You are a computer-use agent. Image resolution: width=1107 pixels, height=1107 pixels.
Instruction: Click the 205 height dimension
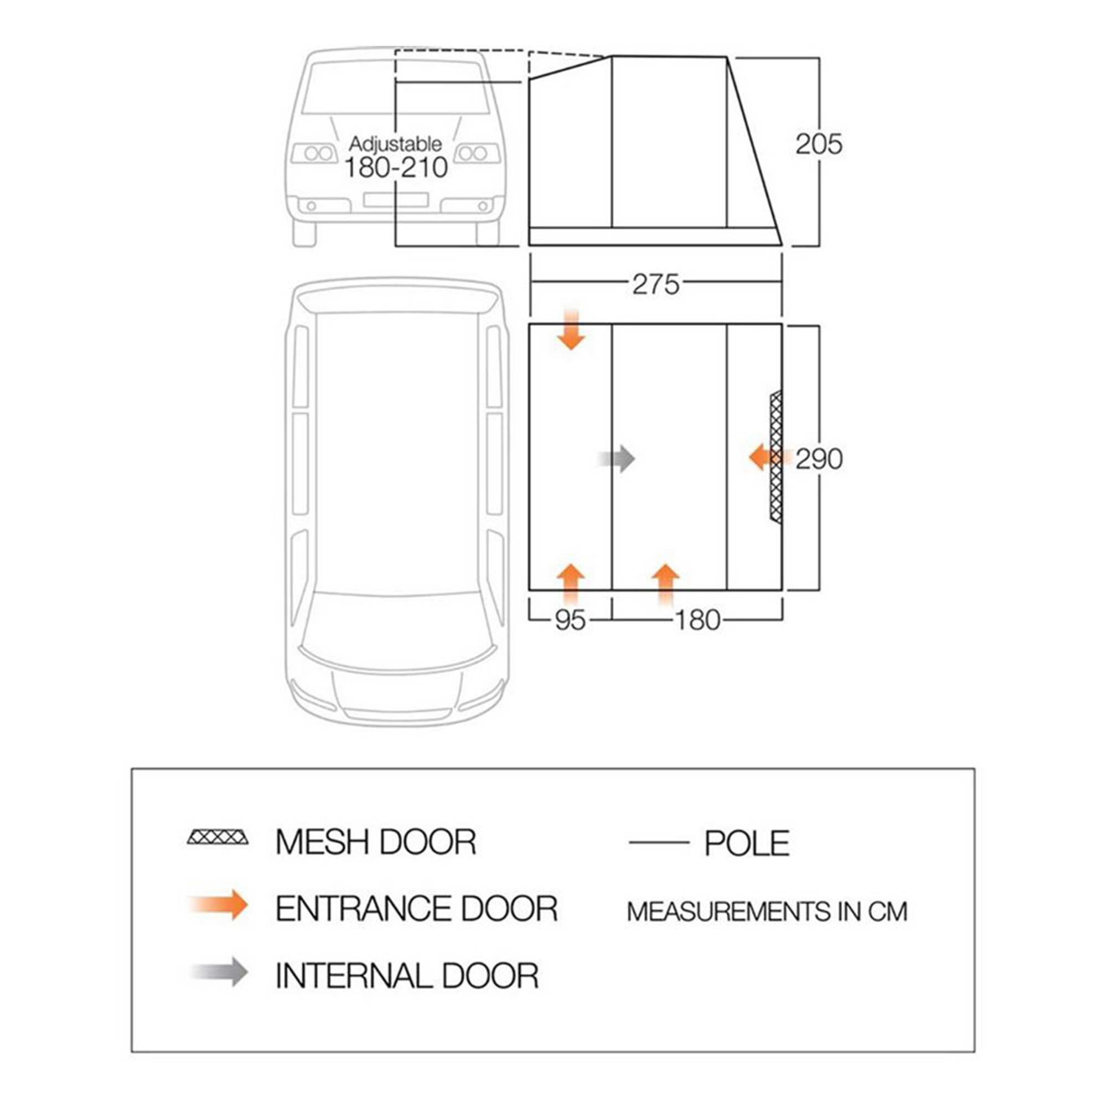pyautogui.click(x=819, y=144)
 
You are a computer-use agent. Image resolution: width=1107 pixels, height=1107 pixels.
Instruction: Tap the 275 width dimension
pyautogui.click(x=656, y=284)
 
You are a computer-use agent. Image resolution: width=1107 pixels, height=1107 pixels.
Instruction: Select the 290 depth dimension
pyautogui.click(x=819, y=459)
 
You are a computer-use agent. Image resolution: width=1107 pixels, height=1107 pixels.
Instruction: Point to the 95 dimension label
pyautogui.click(x=570, y=620)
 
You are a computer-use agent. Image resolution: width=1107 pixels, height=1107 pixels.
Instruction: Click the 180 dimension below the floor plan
pyautogui.click(x=697, y=620)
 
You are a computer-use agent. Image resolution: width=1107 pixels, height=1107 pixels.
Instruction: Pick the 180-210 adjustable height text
pyautogui.click(x=396, y=168)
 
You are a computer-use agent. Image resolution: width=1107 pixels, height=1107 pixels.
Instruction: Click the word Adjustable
pyautogui.click(x=395, y=143)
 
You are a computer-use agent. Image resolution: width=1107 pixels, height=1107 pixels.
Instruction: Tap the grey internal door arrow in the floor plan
pyautogui.click(x=617, y=459)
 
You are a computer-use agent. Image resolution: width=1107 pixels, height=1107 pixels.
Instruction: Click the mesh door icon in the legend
pyautogui.click(x=218, y=837)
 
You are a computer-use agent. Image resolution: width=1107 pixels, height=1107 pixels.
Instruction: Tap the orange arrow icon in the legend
pyautogui.click(x=219, y=906)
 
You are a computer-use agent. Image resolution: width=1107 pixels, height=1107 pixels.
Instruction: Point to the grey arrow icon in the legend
pyautogui.click(x=219, y=972)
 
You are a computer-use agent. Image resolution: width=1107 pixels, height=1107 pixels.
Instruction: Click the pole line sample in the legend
pyautogui.click(x=659, y=842)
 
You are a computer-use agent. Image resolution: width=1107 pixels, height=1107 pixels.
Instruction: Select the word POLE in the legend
pyautogui.click(x=747, y=844)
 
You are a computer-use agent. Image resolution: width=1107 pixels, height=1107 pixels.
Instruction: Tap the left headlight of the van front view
pyautogui.click(x=314, y=153)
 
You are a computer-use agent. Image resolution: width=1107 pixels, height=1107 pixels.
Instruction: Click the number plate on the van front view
pyautogui.click(x=396, y=200)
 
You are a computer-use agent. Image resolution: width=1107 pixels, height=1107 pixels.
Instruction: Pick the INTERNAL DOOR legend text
pyautogui.click(x=407, y=976)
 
